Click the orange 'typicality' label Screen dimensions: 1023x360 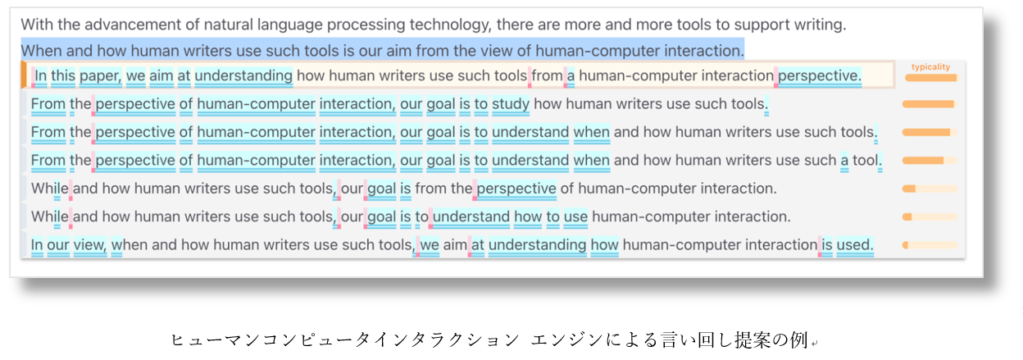[930, 67]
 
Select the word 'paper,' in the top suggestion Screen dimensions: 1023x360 [101, 75]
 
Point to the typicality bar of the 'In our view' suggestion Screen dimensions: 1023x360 [930, 245]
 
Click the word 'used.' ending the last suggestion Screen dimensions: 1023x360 [855, 245]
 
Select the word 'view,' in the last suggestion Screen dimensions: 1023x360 [90, 245]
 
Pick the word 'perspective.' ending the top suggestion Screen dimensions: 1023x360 [820, 75]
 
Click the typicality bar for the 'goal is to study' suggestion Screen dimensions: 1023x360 [930, 105]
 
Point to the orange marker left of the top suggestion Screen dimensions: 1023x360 [24, 75]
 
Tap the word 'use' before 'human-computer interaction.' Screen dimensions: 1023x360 [575, 216]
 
